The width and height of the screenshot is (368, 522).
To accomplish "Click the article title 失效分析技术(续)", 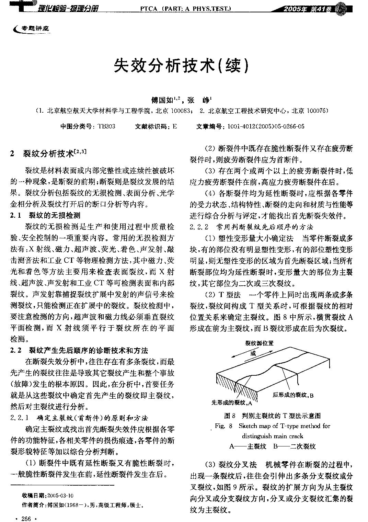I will click(x=181, y=65).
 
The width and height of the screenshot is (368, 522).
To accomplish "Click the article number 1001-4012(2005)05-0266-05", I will click(x=264, y=126).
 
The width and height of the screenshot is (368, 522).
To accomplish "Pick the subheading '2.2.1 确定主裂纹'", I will click(x=79, y=418).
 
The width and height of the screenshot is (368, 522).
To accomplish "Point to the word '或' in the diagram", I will click(x=253, y=353).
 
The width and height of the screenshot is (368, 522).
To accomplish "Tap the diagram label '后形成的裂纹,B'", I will click(x=293, y=395).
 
